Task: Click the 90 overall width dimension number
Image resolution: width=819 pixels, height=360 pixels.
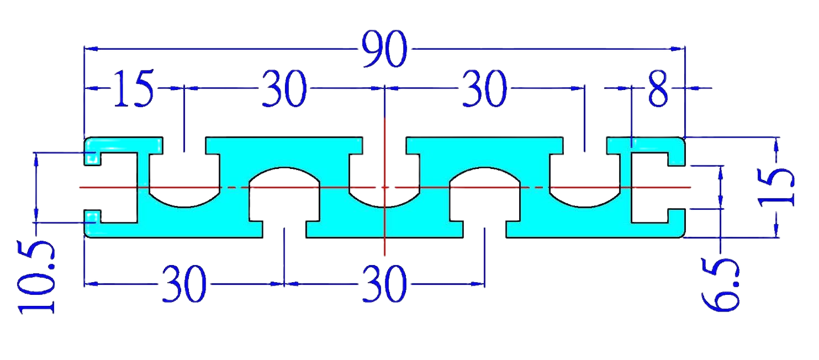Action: (x=384, y=49)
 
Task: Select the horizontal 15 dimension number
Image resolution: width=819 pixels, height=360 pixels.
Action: (x=134, y=88)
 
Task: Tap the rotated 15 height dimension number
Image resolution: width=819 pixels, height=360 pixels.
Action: (x=776, y=187)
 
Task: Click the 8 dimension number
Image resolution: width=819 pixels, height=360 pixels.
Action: (x=658, y=88)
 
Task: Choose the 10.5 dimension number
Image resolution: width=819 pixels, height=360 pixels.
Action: (x=36, y=277)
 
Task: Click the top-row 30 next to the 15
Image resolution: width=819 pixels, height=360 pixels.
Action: (x=284, y=88)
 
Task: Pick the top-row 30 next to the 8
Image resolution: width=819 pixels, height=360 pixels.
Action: (x=484, y=88)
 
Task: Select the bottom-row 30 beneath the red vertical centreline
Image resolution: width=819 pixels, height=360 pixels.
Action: (x=384, y=284)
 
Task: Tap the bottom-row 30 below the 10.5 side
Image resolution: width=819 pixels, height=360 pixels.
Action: (x=184, y=284)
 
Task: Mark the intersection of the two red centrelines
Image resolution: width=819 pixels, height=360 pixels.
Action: (x=384, y=188)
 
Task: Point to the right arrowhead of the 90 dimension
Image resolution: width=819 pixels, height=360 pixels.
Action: (x=678, y=48)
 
